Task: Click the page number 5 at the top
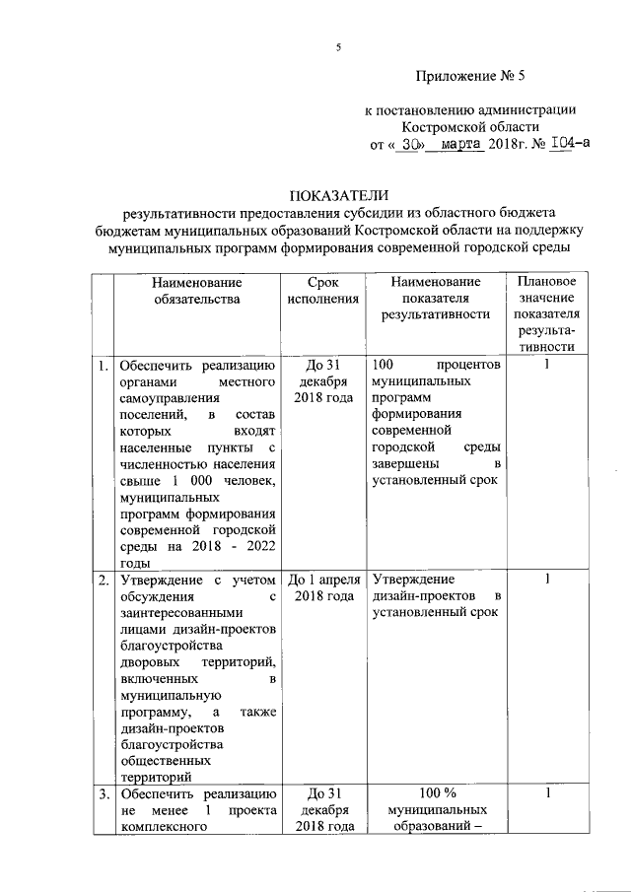tap(338, 47)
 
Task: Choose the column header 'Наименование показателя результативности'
tap(435, 299)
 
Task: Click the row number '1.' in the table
tap(103, 366)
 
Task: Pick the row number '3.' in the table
tap(103, 793)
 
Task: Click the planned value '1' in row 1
tap(547, 366)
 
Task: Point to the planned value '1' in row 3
tap(547, 793)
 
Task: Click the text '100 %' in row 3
tap(435, 793)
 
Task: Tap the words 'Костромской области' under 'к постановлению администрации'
tap(470, 127)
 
